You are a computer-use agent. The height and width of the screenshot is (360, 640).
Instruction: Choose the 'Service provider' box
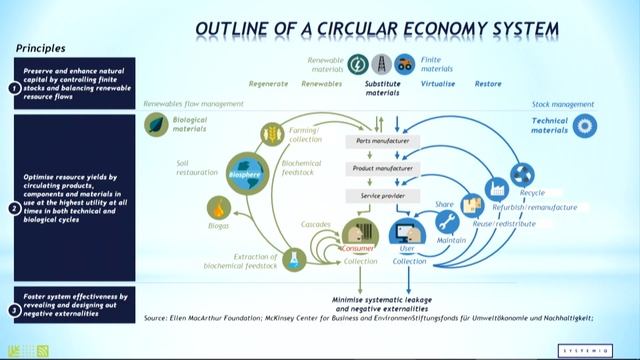tap(378, 196)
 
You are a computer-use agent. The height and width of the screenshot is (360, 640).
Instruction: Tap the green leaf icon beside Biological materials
tap(156, 125)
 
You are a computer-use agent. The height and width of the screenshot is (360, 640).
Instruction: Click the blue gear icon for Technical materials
tap(586, 125)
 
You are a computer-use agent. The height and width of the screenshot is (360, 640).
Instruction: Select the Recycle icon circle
tap(522, 174)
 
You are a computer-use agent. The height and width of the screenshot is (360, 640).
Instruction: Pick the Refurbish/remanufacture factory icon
tap(496, 188)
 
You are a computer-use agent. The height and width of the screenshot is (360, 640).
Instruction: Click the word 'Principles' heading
tap(42, 47)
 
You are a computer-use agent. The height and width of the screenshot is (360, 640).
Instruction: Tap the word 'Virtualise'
tap(437, 85)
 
